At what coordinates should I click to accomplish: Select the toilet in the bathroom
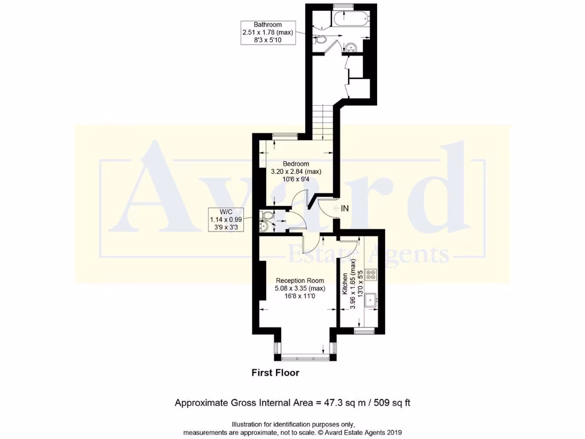tap(321, 40)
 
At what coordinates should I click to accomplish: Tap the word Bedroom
tap(296, 164)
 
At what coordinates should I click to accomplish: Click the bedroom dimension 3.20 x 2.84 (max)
tap(296, 171)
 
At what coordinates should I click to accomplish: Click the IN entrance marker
tap(344, 209)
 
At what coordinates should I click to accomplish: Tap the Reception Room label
tap(300, 281)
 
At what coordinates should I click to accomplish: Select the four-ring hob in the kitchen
tap(371, 274)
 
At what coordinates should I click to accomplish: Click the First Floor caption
tap(275, 373)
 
